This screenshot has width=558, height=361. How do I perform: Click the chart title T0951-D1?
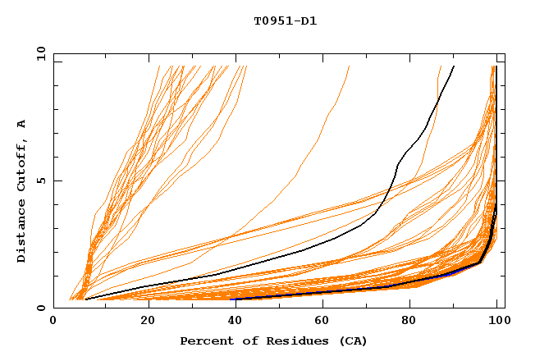pos(285,21)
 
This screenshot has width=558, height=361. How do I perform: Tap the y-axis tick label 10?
pos(40,53)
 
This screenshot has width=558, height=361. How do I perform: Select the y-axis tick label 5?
pos(43,180)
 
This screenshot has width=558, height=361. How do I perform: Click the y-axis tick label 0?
pos(43,308)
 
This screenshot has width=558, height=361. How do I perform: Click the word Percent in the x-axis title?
pos(205,340)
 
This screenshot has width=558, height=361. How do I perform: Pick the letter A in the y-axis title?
pos(22,124)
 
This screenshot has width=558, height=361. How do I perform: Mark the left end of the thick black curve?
pos(86,299)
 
